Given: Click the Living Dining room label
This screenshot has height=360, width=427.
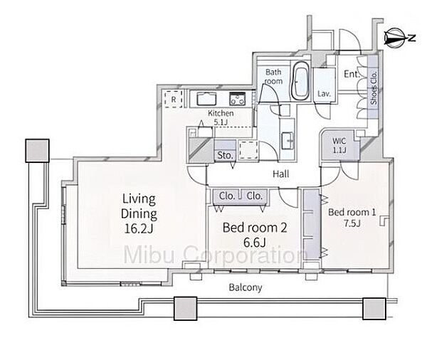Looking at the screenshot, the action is (x=139, y=213).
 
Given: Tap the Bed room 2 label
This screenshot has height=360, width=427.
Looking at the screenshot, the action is (x=255, y=235).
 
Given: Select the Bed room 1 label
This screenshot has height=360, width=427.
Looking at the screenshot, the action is (x=352, y=218).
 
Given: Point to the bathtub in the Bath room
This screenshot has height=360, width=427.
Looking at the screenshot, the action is (x=300, y=79).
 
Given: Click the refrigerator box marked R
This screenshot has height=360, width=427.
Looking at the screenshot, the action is (x=174, y=99).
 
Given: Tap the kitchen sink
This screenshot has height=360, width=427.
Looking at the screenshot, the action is (x=206, y=99).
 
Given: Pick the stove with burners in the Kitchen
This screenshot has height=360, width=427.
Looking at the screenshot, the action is (x=238, y=99).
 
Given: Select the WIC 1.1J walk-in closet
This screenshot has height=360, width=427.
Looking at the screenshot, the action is (x=339, y=145).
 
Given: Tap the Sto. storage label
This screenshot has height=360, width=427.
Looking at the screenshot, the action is (x=225, y=155).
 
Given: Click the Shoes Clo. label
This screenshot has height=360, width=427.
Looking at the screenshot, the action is (x=374, y=88).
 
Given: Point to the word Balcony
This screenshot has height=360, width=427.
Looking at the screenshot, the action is (x=246, y=287).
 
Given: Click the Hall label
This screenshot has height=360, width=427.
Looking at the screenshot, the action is (x=281, y=174).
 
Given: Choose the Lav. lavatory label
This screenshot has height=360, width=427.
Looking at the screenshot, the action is (x=324, y=94).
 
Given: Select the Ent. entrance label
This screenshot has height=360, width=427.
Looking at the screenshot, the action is (x=352, y=74).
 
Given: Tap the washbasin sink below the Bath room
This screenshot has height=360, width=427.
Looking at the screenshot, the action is (x=288, y=141).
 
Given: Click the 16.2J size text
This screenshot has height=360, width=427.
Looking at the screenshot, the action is (x=139, y=228).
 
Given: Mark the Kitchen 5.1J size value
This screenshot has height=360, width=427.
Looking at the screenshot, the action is (x=221, y=122).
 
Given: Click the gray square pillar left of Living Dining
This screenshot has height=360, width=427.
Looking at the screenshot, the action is (x=37, y=151).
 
